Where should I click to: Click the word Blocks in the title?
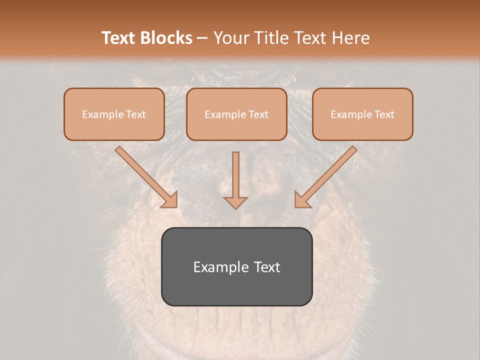point(167,38)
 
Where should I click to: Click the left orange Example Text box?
point(114,114)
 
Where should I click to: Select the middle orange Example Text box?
point(236,114)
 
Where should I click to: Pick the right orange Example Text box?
point(362,114)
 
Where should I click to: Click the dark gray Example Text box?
point(236,266)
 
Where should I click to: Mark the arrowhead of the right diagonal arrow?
point(302,200)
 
